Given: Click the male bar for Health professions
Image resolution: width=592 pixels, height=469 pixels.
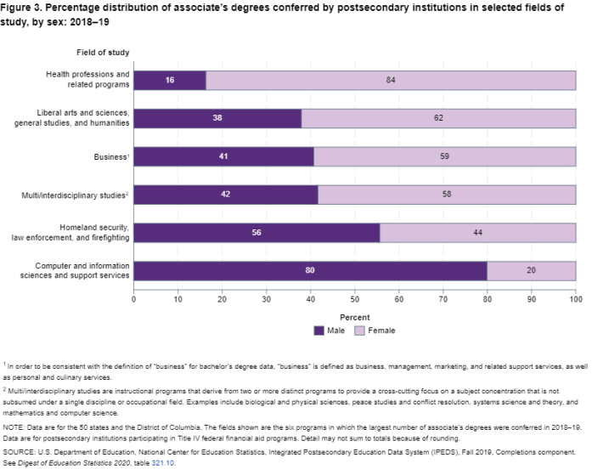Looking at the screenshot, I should (170, 79).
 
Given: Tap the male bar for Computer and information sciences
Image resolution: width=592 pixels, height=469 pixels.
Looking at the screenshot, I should (310, 271).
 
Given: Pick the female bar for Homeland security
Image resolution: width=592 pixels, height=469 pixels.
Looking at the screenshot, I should (478, 233).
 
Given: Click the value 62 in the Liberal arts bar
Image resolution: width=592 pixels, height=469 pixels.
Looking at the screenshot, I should (438, 118).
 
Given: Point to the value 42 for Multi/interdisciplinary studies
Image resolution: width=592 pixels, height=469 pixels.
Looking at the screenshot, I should (225, 195).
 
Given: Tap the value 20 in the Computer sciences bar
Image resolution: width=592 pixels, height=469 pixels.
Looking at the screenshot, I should (532, 271).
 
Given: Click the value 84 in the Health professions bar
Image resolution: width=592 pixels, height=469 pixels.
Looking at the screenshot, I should (391, 79).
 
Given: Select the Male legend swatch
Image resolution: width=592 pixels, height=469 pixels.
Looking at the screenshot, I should (319, 330).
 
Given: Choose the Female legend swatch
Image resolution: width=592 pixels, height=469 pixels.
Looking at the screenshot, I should (360, 330).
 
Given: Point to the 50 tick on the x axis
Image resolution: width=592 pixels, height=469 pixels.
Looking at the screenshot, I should (355, 300).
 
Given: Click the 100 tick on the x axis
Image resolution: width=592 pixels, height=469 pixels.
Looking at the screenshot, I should (575, 300).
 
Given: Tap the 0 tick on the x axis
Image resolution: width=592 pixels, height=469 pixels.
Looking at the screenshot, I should (134, 300).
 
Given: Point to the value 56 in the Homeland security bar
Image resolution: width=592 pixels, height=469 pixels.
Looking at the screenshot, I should (256, 233).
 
